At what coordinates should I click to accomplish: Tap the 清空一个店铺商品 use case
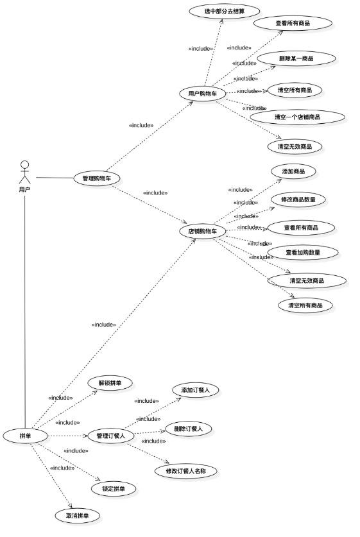(297, 117)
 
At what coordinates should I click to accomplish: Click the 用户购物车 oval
(202, 94)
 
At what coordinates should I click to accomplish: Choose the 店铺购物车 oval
(202, 231)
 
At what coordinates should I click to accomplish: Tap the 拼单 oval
(26, 436)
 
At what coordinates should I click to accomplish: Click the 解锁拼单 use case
(110, 383)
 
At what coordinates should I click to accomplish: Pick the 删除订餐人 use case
(189, 429)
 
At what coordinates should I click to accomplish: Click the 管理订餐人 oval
(110, 436)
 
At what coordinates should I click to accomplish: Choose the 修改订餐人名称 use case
(187, 471)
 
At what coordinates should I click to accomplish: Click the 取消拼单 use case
(78, 515)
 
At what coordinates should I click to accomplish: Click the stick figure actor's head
(24, 164)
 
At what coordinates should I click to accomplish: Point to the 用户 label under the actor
(24, 190)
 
